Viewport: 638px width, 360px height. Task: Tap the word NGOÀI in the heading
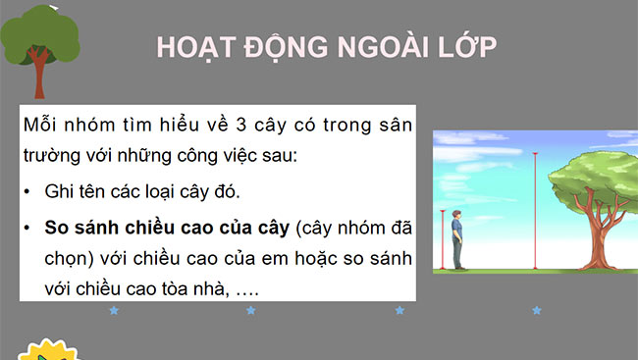[x=377, y=48]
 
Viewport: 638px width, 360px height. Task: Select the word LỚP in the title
[x=466, y=48]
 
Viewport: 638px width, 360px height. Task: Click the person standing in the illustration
[x=456, y=241]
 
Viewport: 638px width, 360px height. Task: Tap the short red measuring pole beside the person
[x=444, y=240]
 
